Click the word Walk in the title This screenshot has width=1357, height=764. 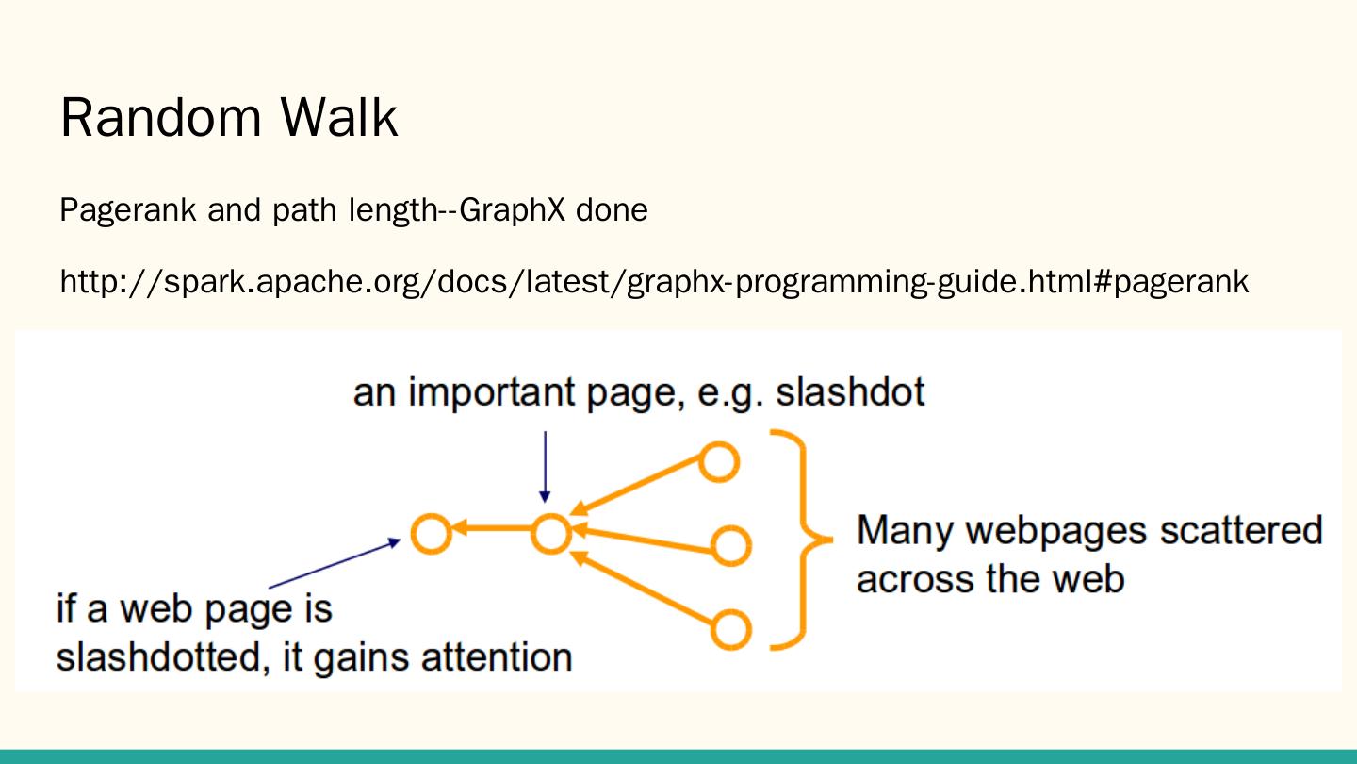(x=338, y=119)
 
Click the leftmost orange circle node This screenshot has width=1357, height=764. (x=432, y=534)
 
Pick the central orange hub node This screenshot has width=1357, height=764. (x=551, y=534)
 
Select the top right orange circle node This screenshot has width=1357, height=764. (x=718, y=462)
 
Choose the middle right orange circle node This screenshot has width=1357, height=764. (x=730, y=545)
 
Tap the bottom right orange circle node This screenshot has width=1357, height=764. (x=730, y=629)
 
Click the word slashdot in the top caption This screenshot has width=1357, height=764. (x=850, y=391)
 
